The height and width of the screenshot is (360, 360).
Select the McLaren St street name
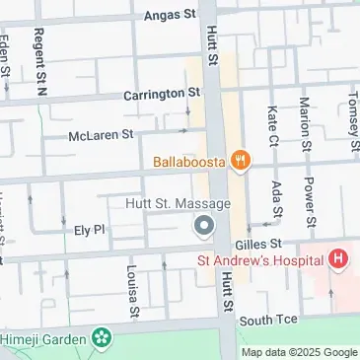101,135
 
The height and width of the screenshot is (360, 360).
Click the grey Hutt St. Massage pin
204,228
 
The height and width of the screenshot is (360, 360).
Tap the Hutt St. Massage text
179,204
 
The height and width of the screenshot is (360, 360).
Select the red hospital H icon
338,260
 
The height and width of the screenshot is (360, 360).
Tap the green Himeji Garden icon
101,338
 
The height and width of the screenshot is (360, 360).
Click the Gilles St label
259,243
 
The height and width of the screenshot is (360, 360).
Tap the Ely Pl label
89,230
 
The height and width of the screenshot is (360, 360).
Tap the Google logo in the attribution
340,352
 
